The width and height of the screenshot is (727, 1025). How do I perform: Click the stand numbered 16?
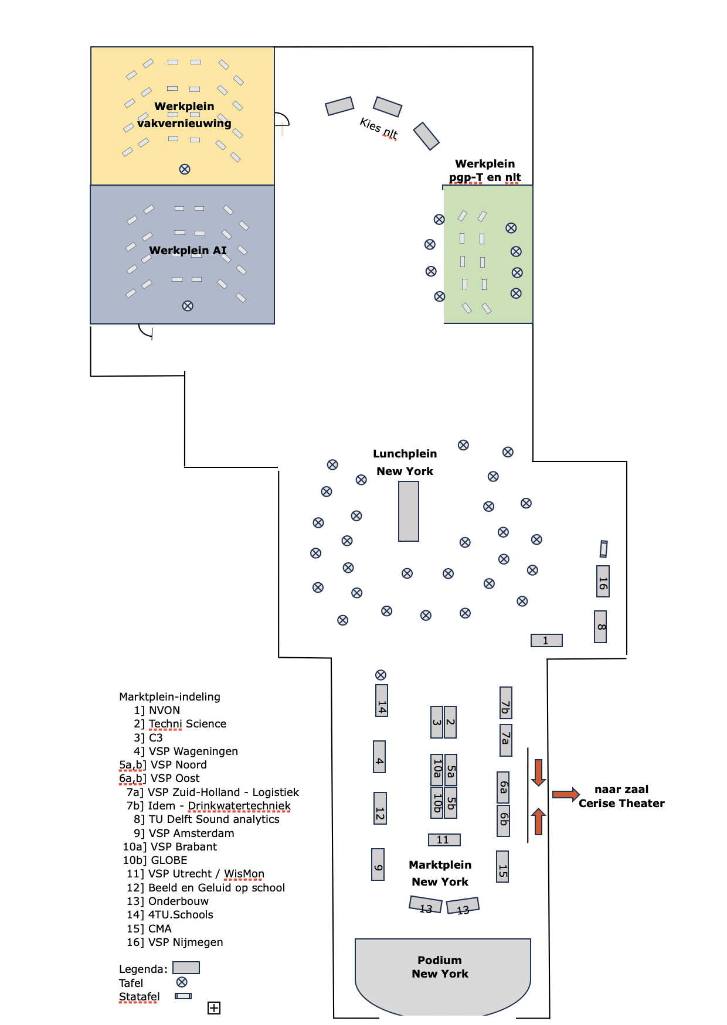[x=603, y=581]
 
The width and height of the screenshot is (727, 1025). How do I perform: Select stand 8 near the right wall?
[x=600, y=627]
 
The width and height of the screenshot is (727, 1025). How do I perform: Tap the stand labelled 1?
[x=546, y=640]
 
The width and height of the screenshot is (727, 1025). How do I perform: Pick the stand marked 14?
[x=382, y=700]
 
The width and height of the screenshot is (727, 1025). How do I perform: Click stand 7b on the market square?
[x=505, y=703]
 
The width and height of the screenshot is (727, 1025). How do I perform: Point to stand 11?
[x=444, y=840]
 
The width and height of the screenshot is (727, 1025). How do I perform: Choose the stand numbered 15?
[x=502, y=866]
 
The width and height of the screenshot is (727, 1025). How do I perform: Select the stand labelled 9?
[x=378, y=865]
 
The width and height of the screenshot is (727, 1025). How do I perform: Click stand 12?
[x=380, y=808]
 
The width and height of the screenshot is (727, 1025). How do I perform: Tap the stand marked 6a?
[x=503, y=787]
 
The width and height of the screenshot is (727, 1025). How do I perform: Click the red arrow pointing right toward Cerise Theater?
[x=566, y=794]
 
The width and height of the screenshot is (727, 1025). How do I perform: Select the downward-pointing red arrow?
[x=538, y=773]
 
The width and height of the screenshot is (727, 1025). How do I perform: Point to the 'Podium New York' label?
[x=440, y=966]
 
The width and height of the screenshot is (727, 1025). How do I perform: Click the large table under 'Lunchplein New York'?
[x=409, y=511]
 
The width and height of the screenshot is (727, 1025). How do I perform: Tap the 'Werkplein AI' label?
[x=188, y=250]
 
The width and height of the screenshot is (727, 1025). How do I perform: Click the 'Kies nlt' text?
[x=379, y=128]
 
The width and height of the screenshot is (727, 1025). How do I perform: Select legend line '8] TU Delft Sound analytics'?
[x=206, y=819]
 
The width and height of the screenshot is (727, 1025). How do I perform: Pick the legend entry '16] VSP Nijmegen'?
[x=175, y=942]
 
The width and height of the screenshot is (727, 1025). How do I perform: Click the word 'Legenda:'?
[x=143, y=969]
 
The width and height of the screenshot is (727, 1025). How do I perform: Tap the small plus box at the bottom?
[x=214, y=1007]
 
